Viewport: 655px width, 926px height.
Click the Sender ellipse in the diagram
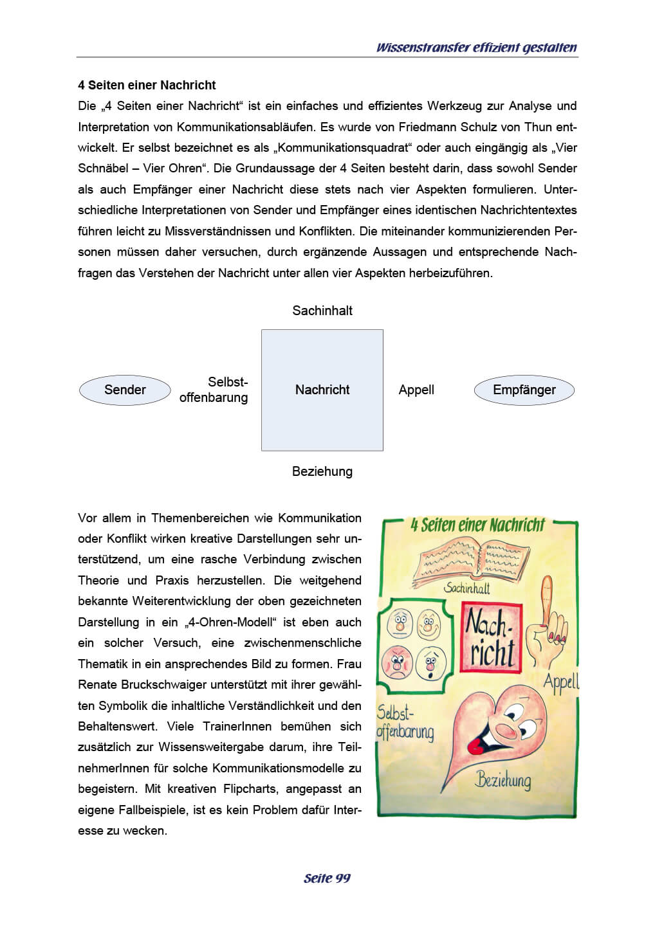click(125, 390)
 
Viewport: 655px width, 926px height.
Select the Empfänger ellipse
click(524, 390)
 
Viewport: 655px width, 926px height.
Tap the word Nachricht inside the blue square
click(322, 390)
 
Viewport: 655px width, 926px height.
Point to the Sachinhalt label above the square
click(322, 311)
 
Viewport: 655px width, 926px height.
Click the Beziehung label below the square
click(322, 471)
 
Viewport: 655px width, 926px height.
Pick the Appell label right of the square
click(416, 390)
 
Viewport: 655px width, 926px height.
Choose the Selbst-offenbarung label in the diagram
click(214, 390)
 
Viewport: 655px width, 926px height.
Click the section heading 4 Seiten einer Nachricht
click(147, 85)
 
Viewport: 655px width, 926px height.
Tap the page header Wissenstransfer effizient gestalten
click(476, 48)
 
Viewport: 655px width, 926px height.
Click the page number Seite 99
click(327, 878)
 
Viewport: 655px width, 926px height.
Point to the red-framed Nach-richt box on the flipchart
click(490, 638)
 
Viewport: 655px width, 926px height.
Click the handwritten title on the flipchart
click(477, 525)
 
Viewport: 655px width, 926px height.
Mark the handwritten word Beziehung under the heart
click(503, 781)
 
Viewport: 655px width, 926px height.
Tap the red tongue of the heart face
click(476, 746)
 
